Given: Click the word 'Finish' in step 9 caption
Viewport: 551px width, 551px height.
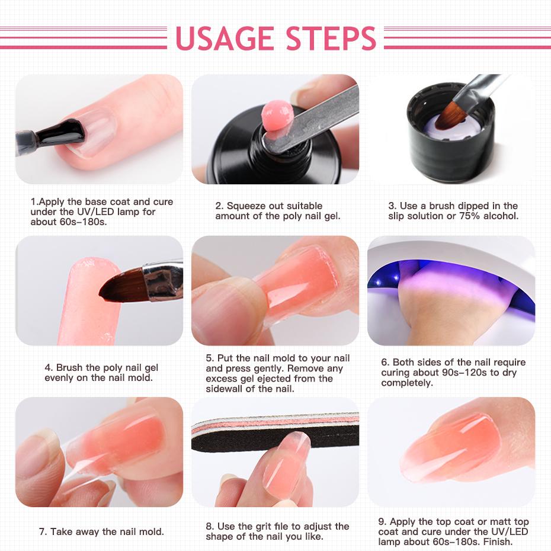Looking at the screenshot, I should [x=497, y=542].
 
